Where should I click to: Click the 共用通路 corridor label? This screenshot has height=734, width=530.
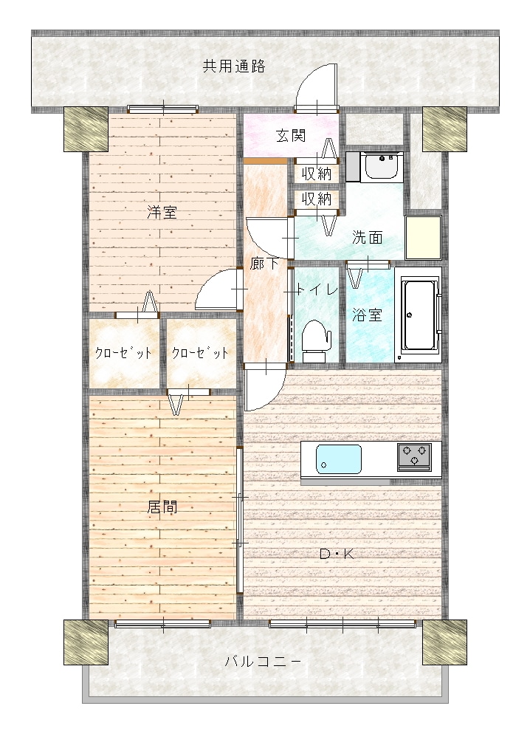(234, 66)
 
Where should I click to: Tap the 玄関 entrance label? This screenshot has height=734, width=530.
(291, 136)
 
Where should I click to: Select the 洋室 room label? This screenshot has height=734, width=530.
(162, 213)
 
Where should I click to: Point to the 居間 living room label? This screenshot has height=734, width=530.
(162, 507)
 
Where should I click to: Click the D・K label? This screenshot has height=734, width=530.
(337, 555)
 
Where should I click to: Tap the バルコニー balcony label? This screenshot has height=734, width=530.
(263, 662)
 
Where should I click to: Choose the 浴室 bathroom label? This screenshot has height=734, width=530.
(367, 315)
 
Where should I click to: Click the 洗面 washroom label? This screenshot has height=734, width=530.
(367, 238)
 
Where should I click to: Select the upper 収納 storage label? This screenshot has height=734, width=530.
(317, 174)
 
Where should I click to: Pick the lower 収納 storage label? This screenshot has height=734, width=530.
(317, 199)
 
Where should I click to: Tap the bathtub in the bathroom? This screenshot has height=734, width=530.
(419, 315)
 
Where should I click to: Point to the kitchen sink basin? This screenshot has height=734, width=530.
(339, 459)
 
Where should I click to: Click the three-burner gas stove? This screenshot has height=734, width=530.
(414, 456)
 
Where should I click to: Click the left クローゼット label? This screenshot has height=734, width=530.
(123, 352)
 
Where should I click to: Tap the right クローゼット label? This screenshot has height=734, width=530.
(200, 352)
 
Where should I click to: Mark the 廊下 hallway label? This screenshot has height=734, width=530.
(264, 264)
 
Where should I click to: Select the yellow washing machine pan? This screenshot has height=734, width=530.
(424, 237)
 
